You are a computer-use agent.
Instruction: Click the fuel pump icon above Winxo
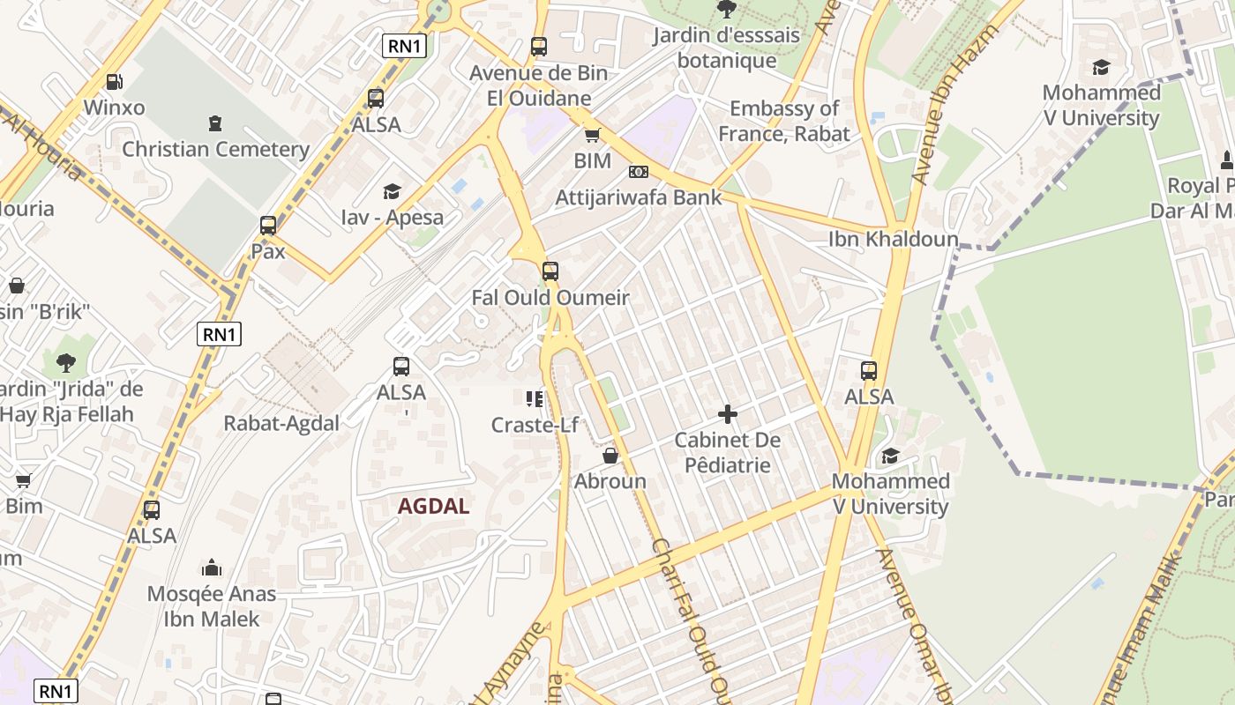coord(114,82)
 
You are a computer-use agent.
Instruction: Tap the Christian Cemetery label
coord(215,149)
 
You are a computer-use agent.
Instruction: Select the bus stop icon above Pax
coord(268,226)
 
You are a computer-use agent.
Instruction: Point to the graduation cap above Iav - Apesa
coord(392,191)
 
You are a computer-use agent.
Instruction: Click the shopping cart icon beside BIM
coord(593,136)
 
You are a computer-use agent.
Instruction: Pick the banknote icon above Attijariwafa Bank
coord(638,172)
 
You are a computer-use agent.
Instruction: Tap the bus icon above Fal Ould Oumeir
coord(550,271)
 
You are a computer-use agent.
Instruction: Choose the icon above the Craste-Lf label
coord(535,399)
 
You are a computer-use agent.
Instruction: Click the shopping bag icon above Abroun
coord(610,456)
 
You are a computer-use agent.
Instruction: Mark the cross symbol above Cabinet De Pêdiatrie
coord(728,413)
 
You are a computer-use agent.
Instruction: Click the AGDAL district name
coord(433,506)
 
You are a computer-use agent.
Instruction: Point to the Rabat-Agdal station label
coord(281,423)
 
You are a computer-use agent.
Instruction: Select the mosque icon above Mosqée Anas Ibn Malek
coord(212,568)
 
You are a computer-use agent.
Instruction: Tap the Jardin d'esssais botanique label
coord(727,48)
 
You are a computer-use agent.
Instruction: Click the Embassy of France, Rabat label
coord(783,121)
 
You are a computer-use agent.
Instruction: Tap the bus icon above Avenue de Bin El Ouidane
coord(539,47)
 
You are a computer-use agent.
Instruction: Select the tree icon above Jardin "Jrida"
coord(65,362)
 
